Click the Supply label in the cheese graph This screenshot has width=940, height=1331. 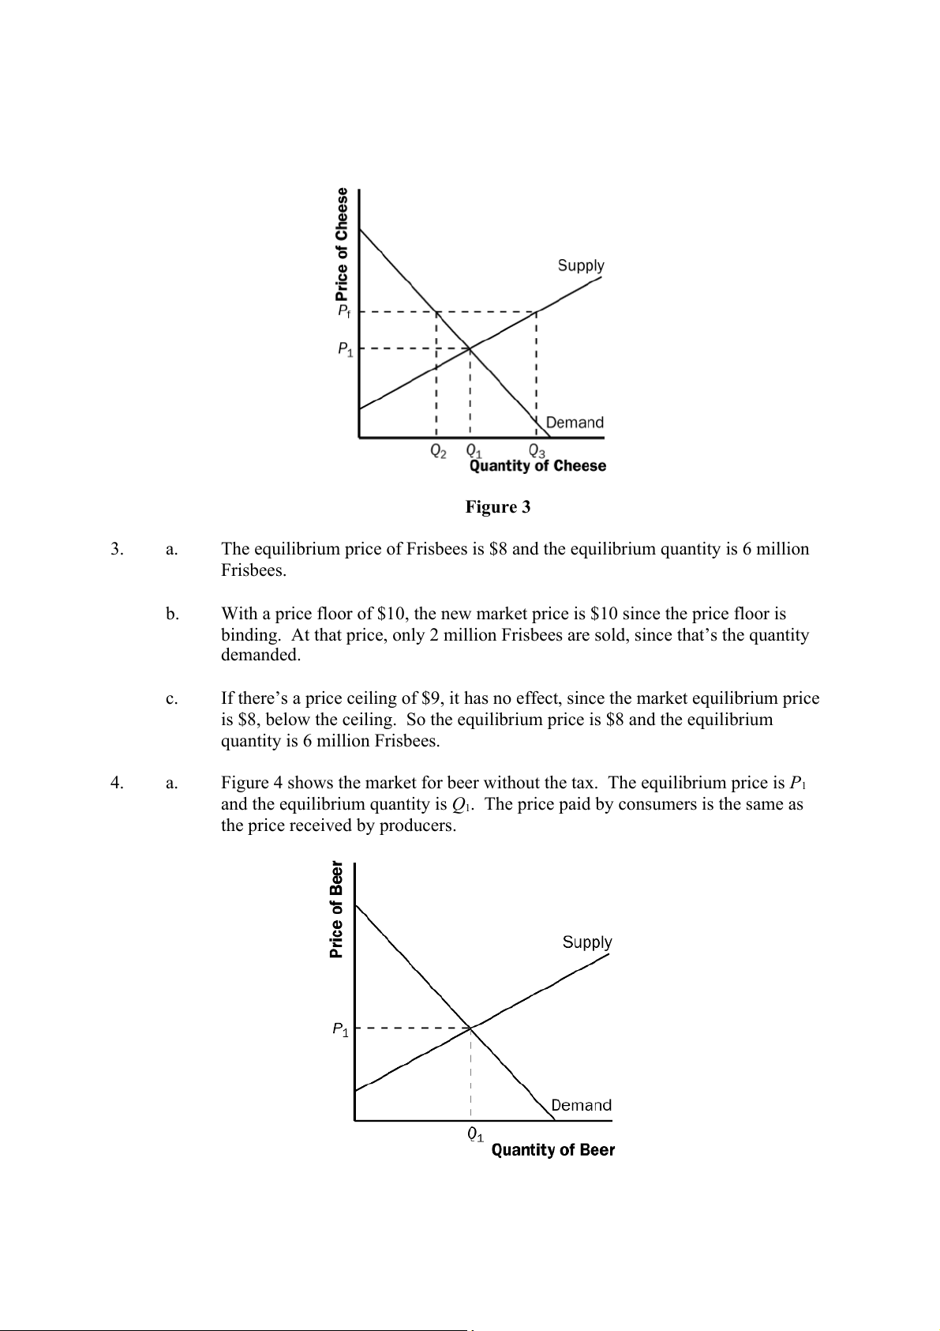581,265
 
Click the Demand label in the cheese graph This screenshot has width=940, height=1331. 575,422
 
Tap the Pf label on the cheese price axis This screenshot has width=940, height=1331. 344,311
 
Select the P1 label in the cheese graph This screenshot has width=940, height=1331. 345,348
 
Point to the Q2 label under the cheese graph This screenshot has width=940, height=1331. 437,451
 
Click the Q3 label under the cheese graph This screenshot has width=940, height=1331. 537,451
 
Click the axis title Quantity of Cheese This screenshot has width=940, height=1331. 537,466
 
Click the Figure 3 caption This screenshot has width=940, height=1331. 497,507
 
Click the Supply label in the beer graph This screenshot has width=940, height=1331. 587,942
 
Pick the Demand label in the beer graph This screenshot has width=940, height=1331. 581,1105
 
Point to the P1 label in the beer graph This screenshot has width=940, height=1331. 340,1029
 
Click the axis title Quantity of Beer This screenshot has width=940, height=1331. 552,1150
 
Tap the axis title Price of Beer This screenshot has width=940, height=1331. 337,908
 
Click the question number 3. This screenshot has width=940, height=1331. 116,549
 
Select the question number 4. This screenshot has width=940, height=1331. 116,783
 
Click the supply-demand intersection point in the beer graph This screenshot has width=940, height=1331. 470,1028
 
